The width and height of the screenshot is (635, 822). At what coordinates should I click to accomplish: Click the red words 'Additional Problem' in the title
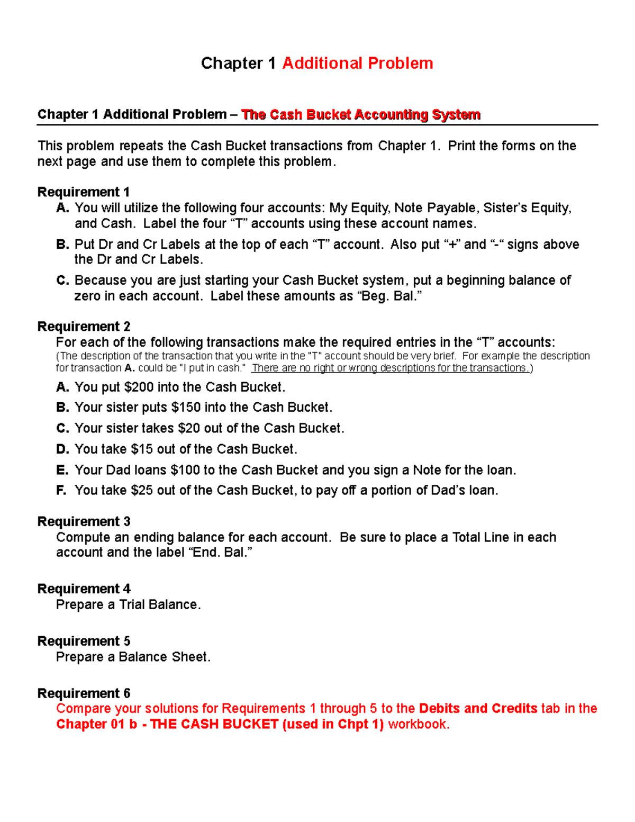click(x=358, y=64)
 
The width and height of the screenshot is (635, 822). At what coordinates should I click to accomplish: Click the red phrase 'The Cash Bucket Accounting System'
click(x=360, y=115)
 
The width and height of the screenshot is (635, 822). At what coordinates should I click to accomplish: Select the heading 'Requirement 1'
click(x=84, y=192)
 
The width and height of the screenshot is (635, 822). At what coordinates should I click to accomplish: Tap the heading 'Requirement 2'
click(x=84, y=327)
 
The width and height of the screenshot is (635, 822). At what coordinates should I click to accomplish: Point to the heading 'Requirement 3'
click(x=84, y=522)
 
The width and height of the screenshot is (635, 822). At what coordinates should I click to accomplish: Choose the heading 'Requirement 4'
click(x=84, y=589)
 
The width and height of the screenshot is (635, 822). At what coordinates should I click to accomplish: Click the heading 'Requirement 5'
click(x=84, y=642)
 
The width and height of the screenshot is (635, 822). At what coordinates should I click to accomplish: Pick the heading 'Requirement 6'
click(x=84, y=693)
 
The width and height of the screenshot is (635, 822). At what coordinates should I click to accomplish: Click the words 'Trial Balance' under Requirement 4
click(x=159, y=605)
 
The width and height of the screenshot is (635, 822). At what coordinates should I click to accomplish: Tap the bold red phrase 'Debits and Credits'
click(x=478, y=709)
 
